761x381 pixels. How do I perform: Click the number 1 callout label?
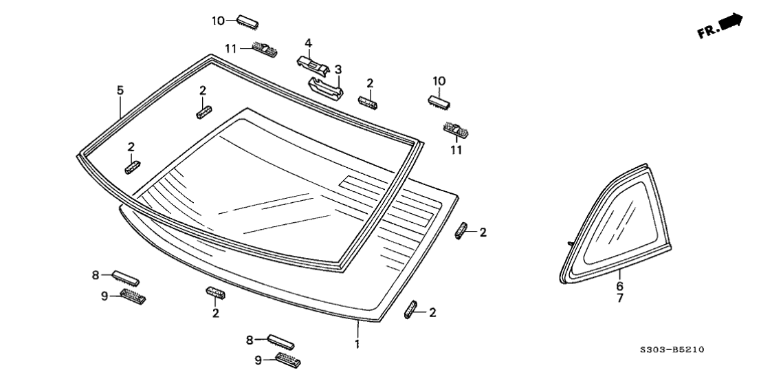point(357,343)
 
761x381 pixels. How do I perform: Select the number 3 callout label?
point(338,69)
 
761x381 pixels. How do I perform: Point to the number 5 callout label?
point(120,90)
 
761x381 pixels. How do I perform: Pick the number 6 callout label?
point(619,286)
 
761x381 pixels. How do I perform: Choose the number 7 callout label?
point(619,298)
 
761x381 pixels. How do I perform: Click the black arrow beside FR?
point(733,22)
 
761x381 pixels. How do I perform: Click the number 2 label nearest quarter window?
point(483,232)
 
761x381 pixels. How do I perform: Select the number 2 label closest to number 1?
point(433,313)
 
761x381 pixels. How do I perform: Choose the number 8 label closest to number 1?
point(250,339)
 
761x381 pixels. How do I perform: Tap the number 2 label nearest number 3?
point(370,83)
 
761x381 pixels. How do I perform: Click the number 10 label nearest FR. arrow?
point(439,81)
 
